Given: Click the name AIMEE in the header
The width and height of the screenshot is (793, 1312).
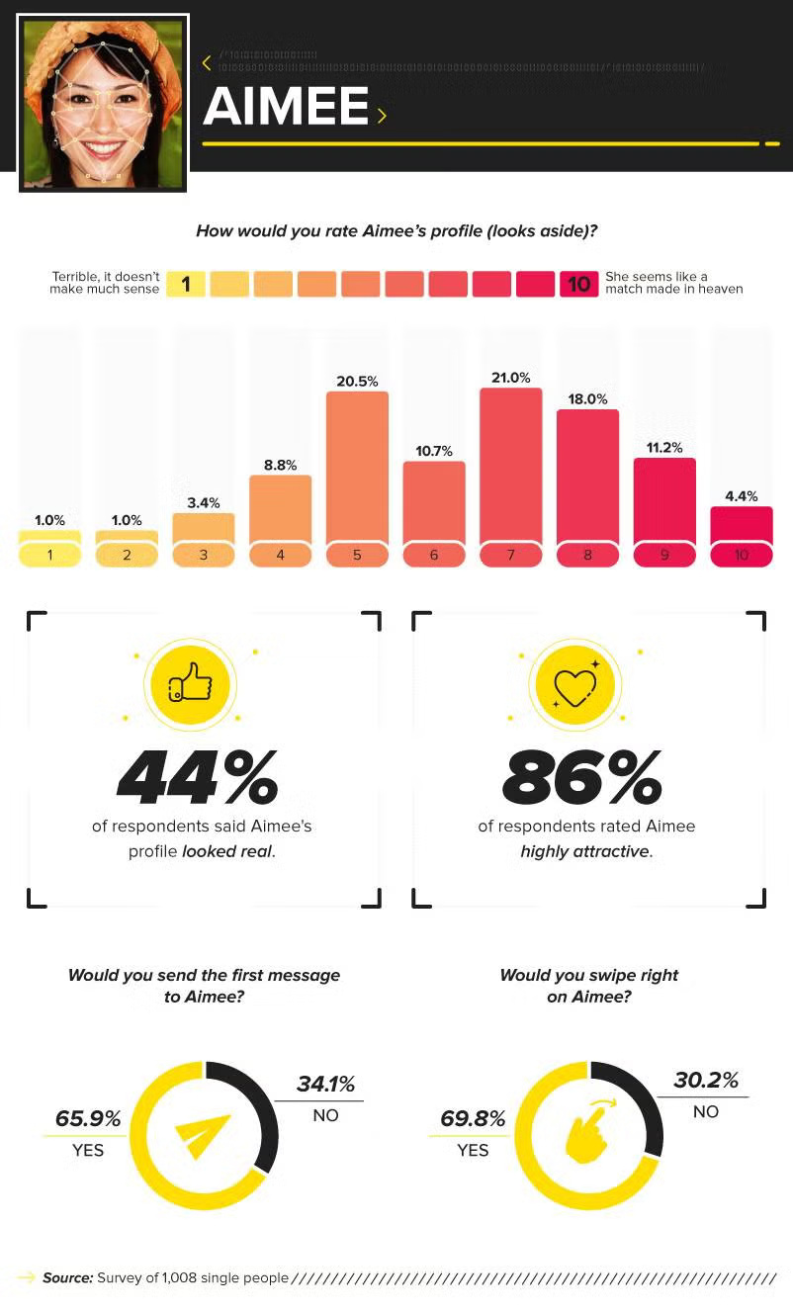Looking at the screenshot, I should (x=286, y=107).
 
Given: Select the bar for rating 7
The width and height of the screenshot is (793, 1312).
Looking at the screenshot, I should (x=511, y=465).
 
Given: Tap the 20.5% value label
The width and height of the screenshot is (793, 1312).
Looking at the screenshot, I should (x=357, y=381).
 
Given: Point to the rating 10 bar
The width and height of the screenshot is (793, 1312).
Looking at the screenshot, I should (x=742, y=524).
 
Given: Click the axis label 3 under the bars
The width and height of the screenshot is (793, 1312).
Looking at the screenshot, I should (x=204, y=556).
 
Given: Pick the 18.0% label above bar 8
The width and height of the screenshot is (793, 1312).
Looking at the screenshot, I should (x=587, y=398).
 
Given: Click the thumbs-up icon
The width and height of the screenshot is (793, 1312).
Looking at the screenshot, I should (x=189, y=681).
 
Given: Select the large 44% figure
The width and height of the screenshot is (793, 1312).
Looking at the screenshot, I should (x=198, y=778).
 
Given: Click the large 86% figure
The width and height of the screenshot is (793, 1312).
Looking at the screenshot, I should (x=582, y=778).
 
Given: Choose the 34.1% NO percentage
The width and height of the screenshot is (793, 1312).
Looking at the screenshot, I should (x=325, y=1085).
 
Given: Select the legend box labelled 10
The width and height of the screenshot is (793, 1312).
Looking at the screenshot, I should (x=578, y=285).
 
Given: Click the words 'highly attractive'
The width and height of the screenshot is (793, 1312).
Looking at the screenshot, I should (x=585, y=851).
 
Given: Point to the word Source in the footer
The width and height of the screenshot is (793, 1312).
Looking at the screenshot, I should (x=67, y=1277).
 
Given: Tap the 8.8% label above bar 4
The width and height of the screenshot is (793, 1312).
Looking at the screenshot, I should (x=280, y=465).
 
